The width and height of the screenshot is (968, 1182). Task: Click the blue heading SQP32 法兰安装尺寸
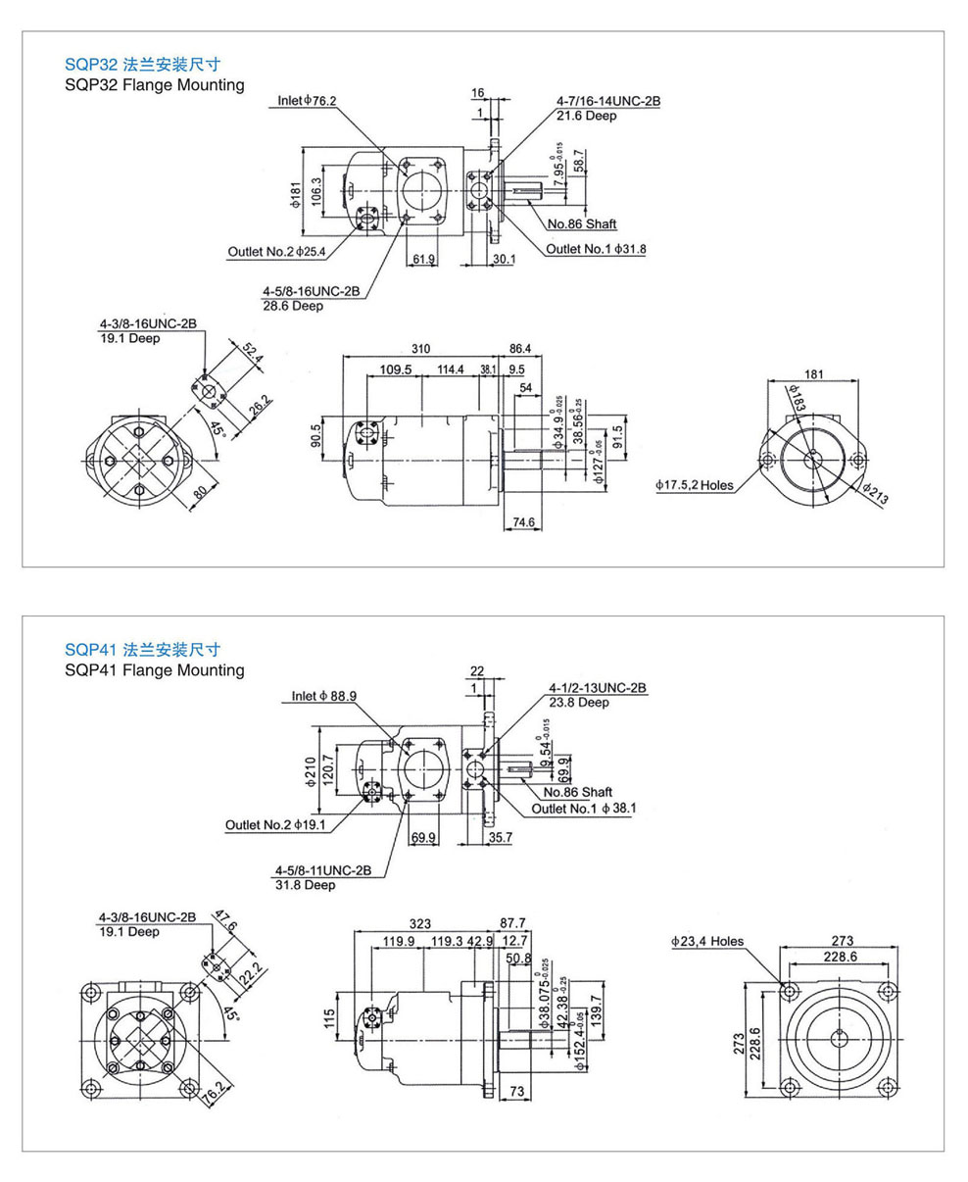pos(143,66)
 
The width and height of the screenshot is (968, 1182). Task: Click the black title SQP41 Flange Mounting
pos(154,670)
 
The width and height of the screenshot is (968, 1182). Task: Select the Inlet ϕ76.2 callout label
pos(307,100)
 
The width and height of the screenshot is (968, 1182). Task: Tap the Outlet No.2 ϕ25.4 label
pos(276,252)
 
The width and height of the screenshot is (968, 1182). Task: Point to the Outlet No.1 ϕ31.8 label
pos(596,249)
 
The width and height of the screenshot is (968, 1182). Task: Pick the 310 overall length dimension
pos(421,350)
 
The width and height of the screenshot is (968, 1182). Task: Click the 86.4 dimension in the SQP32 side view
pos(520,350)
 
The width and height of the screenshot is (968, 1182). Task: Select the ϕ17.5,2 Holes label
pos(695,485)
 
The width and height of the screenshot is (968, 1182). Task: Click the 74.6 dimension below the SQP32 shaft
pos(524,523)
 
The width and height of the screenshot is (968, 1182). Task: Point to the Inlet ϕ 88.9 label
pos(324,696)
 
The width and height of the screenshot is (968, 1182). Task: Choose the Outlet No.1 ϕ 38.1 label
pos(584,809)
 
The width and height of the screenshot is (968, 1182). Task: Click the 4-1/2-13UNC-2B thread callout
pos(598,688)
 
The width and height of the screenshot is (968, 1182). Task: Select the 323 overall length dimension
pos(419,924)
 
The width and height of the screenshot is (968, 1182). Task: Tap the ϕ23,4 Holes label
pos(707,941)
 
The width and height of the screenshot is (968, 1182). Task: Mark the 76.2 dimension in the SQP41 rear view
pos(213,1090)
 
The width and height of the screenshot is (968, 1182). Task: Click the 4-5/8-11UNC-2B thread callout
pos(322,870)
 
